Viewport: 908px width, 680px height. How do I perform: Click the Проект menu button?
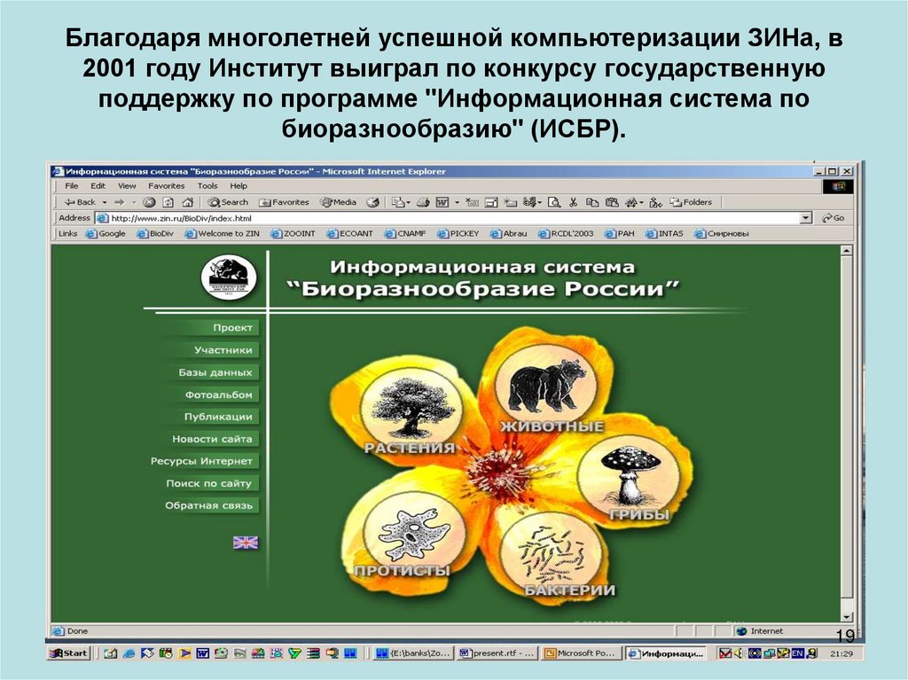click(x=232, y=328)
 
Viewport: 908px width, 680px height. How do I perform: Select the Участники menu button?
click(x=223, y=350)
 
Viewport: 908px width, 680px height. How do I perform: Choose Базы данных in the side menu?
click(x=215, y=372)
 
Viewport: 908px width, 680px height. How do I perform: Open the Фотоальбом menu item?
click(x=219, y=395)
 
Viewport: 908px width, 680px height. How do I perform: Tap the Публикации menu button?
click(x=218, y=417)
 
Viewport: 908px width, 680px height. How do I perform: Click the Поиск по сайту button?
click(x=210, y=483)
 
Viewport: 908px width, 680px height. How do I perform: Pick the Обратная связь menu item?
click(x=209, y=505)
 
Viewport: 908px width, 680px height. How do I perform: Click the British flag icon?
click(x=246, y=543)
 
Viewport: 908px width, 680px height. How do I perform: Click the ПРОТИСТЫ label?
click(x=402, y=570)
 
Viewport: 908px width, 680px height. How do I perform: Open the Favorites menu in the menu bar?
click(x=166, y=186)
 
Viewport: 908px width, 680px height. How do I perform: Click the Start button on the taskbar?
click(x=69, y=653)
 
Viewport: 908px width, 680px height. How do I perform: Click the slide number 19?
click(x=845, y=637)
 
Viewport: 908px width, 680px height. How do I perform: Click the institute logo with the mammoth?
click(x=229, y=277)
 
